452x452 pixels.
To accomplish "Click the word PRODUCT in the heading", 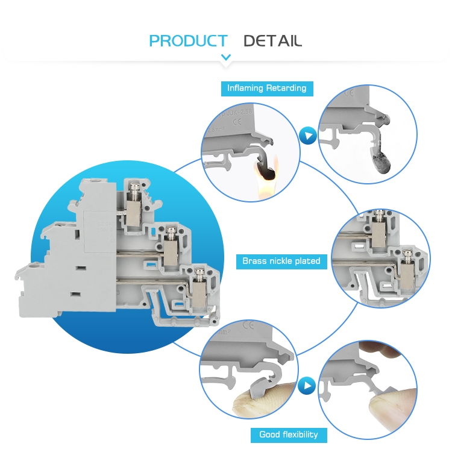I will pos(188,41).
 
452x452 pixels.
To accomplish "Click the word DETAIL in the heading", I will pos(272,41).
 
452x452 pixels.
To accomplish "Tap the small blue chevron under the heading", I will pos(226,58).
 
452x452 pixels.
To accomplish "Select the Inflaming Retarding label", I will pos(266,88).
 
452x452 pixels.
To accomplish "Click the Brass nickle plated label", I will pos(281,261).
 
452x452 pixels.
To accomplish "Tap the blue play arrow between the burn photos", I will pos(309,136).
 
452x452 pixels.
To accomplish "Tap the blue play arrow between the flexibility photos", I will pos(309,384).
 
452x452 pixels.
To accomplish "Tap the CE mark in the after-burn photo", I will pos(348,93).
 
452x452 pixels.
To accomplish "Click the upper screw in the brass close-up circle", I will pos(380,214).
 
